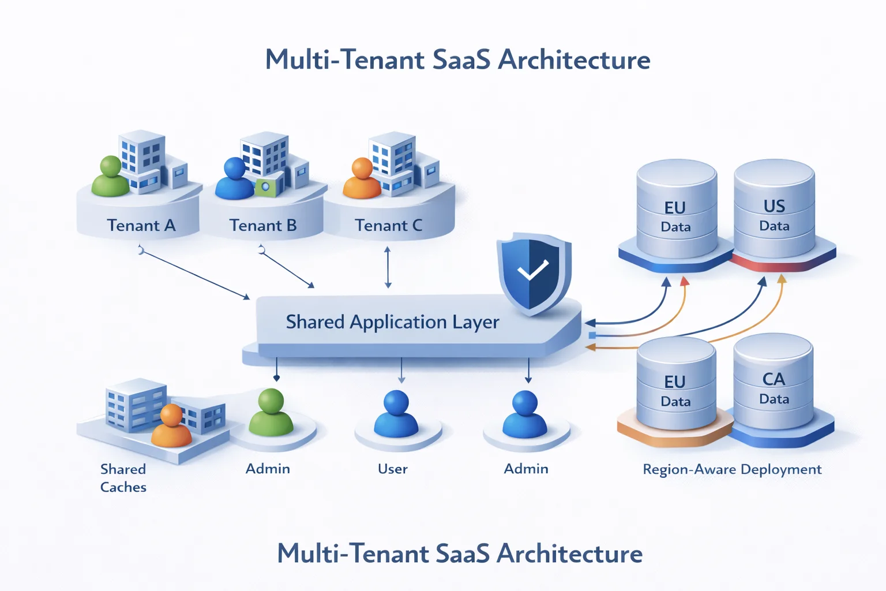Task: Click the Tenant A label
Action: coord(141,225)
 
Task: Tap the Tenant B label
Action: coord(263,225)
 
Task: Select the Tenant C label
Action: coord(388,225)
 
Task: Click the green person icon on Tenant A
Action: coord(110,177)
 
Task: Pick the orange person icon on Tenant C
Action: coord(362,178)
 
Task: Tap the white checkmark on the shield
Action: coord(532,270)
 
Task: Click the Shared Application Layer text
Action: coord(392,321)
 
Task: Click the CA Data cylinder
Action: coord(773,384)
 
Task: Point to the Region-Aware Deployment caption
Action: coord(732,469)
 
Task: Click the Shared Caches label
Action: coord(123,478)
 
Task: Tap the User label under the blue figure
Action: coord(392,469)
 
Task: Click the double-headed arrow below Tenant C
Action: coord(388,267)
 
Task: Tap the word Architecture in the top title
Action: coord(573,59)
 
